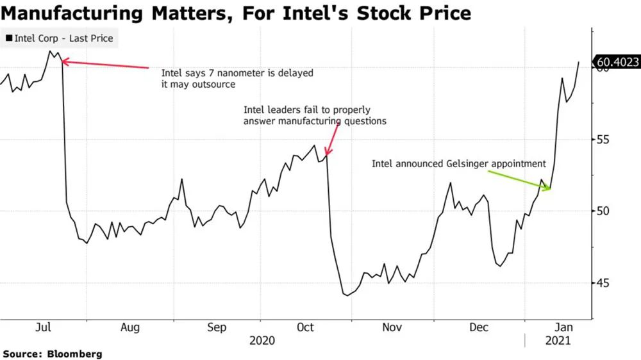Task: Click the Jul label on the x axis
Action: click(x=43, y=327)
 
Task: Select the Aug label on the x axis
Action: click(x=130, y=327)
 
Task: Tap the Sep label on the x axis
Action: click(x=217, y=327)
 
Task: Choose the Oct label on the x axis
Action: click(x=305, y=327)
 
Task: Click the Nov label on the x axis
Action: click(x=392, y=327)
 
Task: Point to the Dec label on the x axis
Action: click(x=479, y=327)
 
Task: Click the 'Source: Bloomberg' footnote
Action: click(x=52, y=354)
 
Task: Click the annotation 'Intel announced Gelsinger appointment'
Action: click(x=458, y=164)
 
